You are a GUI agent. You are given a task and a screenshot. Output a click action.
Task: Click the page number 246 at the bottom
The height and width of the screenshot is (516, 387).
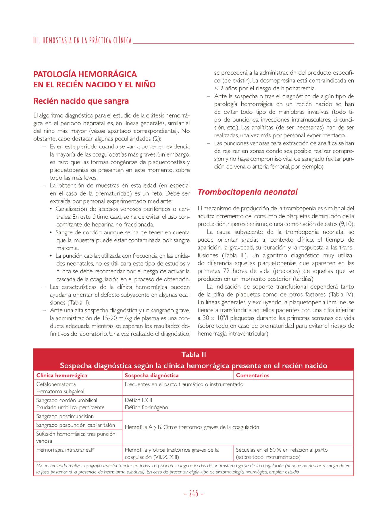(x=193, y=493)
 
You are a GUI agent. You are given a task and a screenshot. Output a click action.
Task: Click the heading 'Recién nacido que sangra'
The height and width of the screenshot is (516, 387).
(x=81, y=101)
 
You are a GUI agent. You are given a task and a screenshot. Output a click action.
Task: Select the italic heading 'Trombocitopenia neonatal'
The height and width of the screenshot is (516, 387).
(x=247, y=192)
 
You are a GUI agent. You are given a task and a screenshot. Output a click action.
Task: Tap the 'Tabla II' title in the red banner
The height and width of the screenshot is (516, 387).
(x=193, y=354)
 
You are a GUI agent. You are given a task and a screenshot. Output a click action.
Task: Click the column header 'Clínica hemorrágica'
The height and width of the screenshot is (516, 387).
(x=62, y=375)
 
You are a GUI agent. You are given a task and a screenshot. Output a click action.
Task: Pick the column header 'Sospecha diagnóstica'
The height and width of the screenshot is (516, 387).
(x=152, y=375)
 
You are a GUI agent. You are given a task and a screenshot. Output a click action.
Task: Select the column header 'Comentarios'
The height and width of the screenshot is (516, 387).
(x=252, y=375)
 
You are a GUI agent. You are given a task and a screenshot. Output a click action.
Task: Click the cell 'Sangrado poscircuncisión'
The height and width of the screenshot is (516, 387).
(x=65, y=416)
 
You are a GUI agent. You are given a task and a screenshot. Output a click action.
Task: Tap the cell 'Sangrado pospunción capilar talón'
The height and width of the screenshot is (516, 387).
(x=76, y=425)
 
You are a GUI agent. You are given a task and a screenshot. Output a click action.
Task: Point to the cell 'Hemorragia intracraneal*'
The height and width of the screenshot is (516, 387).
(x=65, y=450)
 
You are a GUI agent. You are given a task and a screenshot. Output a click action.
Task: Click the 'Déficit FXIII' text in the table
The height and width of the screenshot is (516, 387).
(x=138, y=400)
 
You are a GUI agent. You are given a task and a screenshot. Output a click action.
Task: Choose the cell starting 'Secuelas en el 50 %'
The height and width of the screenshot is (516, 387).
(x=282, y=453)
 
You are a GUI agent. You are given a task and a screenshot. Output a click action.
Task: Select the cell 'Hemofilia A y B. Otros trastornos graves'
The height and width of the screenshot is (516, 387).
(x=192, y=427)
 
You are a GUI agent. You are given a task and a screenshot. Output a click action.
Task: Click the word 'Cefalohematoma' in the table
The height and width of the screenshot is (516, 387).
(x=56, y=384)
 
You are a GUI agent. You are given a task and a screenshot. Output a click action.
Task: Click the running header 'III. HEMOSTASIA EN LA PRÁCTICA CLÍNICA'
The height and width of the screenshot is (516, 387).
(x=82, y=41)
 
